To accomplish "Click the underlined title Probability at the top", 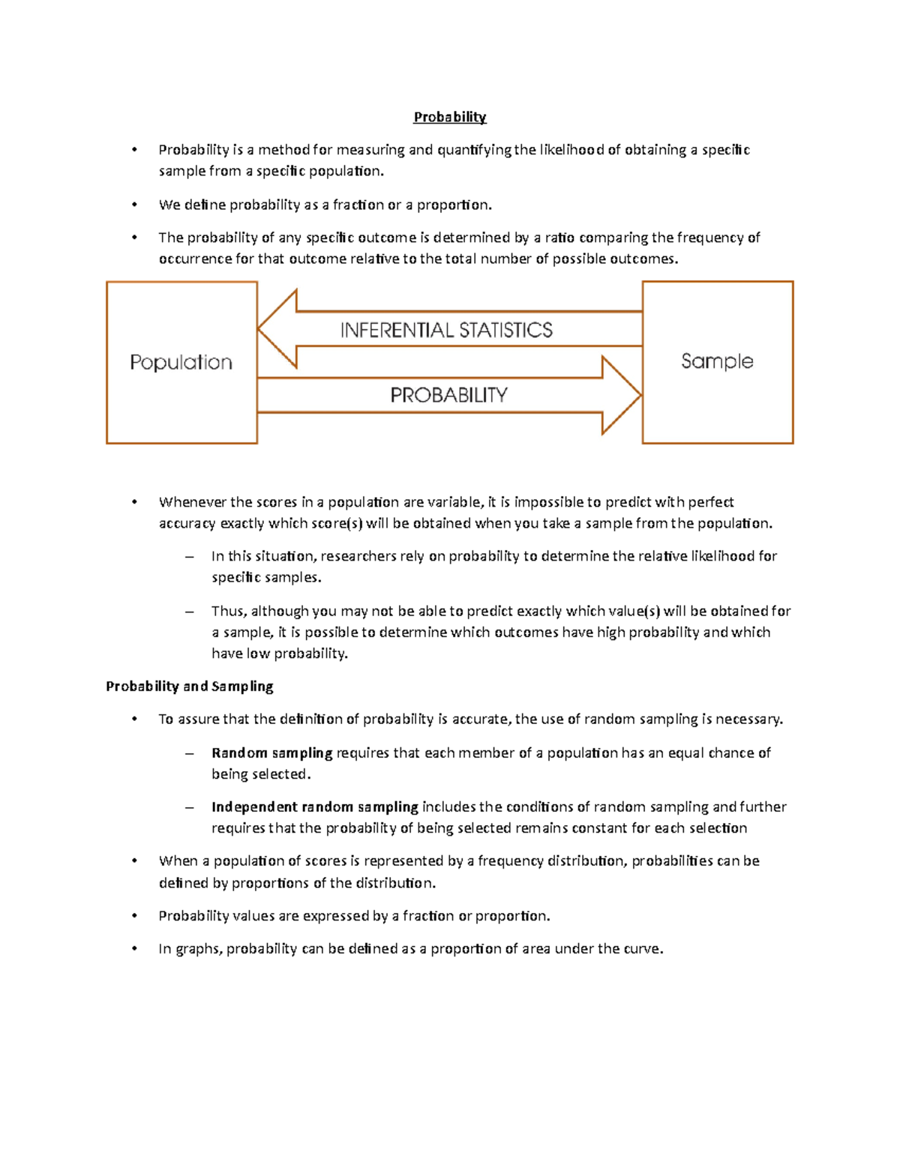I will [450, 117].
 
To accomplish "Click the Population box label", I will [181, 363].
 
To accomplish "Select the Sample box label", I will [717, 361].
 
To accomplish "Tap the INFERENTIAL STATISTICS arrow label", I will [446, 331].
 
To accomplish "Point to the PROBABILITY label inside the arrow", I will [448, 395].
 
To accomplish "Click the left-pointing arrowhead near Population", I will [277, 328].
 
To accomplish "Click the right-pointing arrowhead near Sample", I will [621, 395].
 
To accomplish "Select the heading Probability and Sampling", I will [189, 686].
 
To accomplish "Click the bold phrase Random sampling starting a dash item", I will [271, 753].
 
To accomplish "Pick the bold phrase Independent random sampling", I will [314, 806].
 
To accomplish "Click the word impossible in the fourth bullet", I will [548, 501].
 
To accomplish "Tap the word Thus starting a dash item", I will [228, 611].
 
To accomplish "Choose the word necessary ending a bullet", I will [748, 719].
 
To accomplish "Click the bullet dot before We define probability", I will [134, 205].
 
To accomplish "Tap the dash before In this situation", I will [189, 556].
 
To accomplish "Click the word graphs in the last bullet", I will [197, 949].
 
